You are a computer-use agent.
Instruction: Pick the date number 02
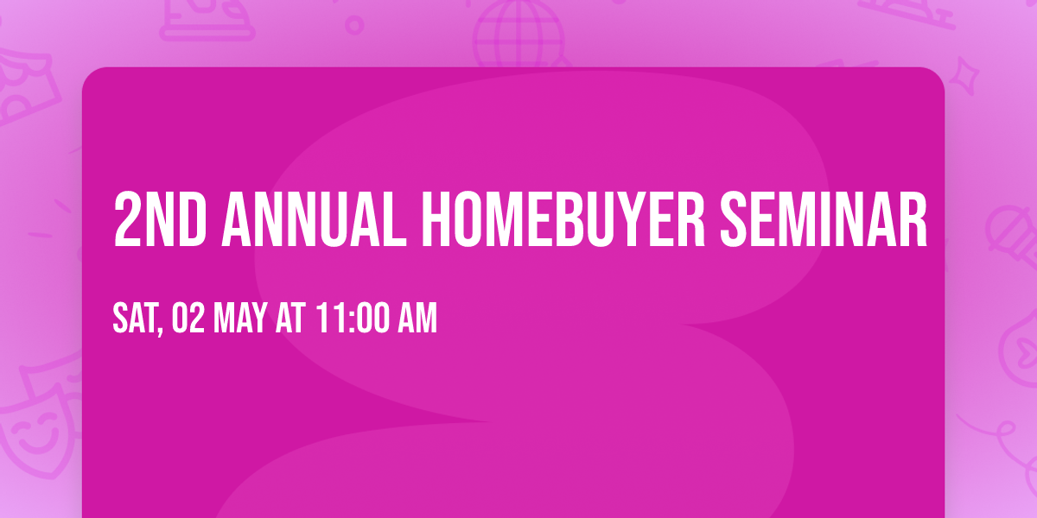click(188, 319)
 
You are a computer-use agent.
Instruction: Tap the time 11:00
click(352, 319)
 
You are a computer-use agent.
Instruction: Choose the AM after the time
click(417, 319)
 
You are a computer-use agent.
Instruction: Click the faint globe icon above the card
click(518, 35)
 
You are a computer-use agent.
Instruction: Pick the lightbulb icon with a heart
click(1018, 345)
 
